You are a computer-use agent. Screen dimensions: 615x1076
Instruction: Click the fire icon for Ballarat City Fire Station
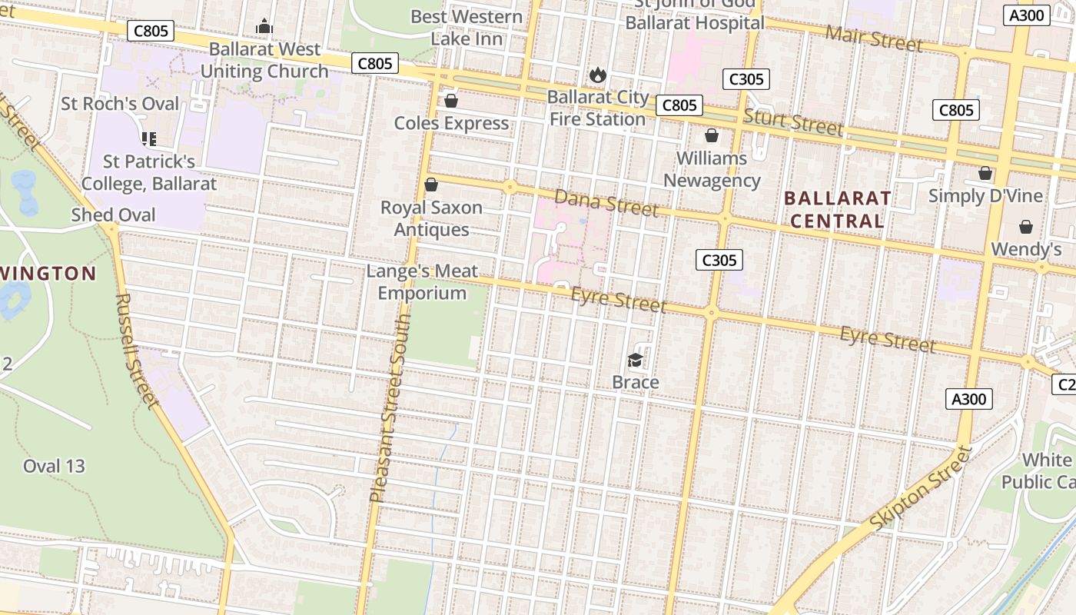click(x=597, y=75)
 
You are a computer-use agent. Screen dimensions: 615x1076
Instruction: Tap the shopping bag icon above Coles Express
click(x=451, y=101)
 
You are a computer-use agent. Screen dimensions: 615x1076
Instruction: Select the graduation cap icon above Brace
click(x=635, y=360)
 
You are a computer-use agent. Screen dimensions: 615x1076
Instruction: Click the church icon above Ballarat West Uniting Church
click(x=264, y=27)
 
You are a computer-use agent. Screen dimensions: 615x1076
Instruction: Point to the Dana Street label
click(x=606, y=202)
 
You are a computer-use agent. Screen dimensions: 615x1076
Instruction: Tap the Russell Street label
click(x=138, y=350)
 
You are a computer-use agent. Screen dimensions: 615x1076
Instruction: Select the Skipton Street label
click(x=922, y=487)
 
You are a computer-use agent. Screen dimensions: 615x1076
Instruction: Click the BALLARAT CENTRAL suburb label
click(x=838, y=210)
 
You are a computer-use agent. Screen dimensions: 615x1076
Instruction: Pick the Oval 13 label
click(x=54, y=466)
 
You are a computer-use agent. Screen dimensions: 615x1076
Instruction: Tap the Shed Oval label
click(x=113, y=215)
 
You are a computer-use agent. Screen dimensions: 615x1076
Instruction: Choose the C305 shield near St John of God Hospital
click(x=746, y=79)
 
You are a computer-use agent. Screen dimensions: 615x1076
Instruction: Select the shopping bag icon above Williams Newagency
click(x=712, y=136)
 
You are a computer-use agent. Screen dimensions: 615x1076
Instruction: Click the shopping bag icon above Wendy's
click(x=1026, y=227)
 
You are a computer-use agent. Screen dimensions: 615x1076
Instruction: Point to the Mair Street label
click(x=874, y=37)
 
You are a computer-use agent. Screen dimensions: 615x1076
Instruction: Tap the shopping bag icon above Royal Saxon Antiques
click(x=431, y=184)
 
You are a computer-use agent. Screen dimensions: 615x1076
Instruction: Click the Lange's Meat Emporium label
click(x=422, y=282)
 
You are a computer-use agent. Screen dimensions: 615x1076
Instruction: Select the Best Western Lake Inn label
click(x=467, y=28)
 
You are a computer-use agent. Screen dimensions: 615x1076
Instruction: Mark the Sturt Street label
click(x=793, y=122)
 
